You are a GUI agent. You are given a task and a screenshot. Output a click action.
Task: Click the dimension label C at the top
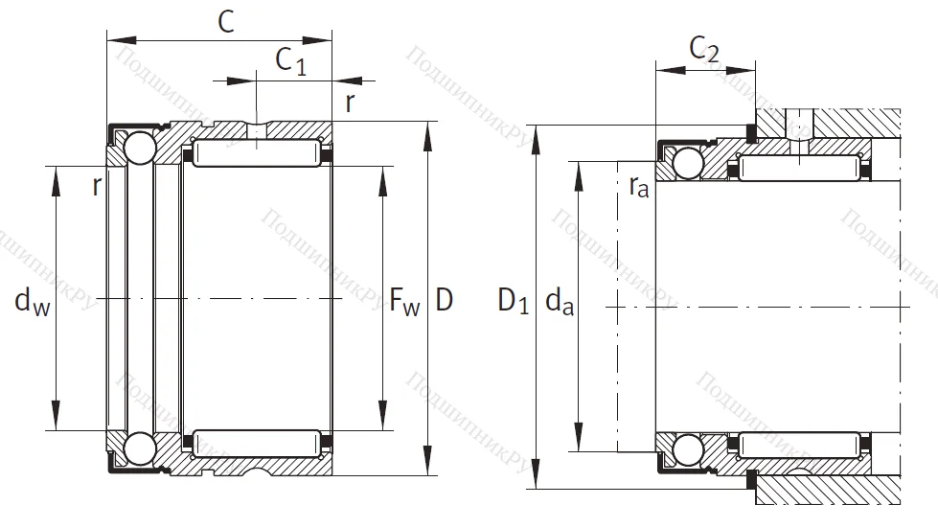click(226, 21)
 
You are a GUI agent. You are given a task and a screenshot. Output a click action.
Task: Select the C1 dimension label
click(290, 60)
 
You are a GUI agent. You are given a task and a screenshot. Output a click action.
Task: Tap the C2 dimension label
click(704, 49)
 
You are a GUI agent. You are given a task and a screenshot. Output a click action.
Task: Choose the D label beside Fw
click(445, 301)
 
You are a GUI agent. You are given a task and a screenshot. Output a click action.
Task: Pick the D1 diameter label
click(514, 302)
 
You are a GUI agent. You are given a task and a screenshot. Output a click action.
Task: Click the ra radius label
click(639, 187)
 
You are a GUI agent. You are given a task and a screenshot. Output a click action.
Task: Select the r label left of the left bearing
click(96, 186)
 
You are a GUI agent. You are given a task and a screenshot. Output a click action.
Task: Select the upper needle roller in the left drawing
click(257, 151)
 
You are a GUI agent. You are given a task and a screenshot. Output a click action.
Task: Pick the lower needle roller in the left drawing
click(257, 444)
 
